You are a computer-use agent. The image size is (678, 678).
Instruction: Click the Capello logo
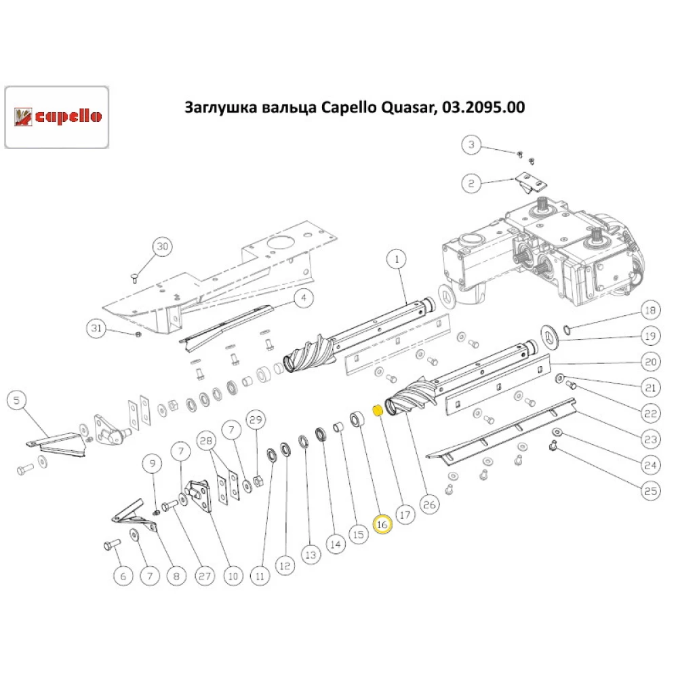(x=57, y=117)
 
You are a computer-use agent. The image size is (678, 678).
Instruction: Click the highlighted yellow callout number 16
(x=382, y=525)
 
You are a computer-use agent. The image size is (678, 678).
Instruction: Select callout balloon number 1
(x=396, y=258)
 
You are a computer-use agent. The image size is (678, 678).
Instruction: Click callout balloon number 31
(x=96, y=329)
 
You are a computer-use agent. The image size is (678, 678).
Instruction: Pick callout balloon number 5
(x=18, y=400)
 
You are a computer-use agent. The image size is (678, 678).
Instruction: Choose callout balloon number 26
(x=429, y=504)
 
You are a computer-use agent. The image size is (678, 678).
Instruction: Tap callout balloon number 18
(x=650, y=311)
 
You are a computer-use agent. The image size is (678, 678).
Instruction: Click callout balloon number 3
(x=471, y=144)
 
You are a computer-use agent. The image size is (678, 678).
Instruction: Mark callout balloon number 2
(x=471, y=182)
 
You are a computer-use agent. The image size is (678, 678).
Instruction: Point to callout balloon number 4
(x=303, y=297)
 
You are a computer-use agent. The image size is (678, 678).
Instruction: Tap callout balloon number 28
(x=205, y=441)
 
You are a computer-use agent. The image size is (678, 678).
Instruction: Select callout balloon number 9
(x=153, y=464)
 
